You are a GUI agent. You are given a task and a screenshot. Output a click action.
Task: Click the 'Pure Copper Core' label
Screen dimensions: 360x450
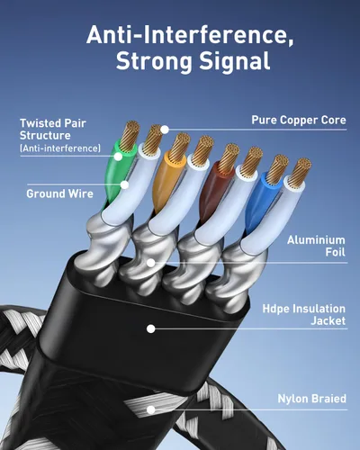(299, 121)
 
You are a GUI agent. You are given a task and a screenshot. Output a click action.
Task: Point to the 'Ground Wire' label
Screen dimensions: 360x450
(59, 193)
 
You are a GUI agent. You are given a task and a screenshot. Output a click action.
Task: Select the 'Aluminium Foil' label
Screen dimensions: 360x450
(316, 246)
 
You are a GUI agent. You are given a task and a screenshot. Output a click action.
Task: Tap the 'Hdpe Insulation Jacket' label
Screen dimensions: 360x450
(304, 315)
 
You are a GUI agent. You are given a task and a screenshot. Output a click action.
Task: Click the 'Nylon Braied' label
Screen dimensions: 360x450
(311, 399)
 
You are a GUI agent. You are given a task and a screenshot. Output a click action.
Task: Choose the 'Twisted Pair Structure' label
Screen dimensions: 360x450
(53, 130)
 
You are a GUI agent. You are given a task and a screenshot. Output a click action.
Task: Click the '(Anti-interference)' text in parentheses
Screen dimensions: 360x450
(60, 148)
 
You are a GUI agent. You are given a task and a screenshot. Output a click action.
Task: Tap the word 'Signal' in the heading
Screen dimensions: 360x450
(235, 61)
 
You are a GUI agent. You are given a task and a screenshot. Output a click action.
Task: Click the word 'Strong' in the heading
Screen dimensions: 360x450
(154, 62)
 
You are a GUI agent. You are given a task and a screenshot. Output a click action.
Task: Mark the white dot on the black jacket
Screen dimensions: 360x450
(151, 328)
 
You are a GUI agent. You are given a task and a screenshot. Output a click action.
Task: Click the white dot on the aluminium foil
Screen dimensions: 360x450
(151, 263)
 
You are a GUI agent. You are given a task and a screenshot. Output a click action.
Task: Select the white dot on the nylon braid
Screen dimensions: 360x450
(151, 409)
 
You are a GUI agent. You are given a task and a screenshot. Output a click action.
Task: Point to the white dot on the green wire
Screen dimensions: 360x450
(118, 157)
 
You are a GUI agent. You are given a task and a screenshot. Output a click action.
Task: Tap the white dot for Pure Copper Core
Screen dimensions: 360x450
(165, 130)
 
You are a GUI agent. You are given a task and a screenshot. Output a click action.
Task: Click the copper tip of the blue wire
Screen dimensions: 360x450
(277, 169)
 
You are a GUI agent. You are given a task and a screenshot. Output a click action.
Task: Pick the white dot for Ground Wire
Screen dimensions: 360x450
(124, 184)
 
